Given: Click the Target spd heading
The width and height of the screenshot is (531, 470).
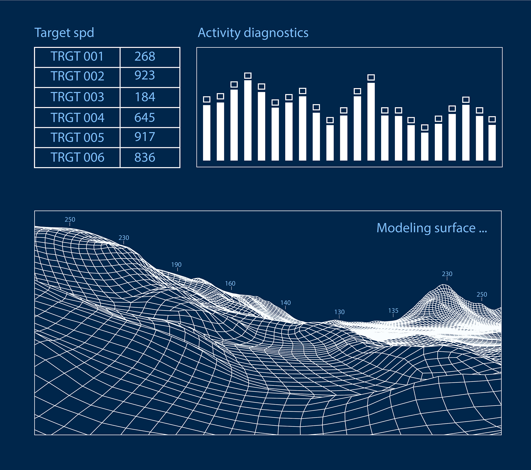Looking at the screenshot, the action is tap(64, 33).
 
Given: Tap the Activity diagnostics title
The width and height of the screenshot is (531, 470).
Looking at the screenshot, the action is tap(253, 33).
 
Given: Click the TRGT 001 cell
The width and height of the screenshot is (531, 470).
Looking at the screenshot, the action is tap(77, 56).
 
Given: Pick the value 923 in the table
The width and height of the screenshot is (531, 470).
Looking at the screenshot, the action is tap(145, 75).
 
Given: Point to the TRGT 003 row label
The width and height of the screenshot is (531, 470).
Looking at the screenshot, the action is tap(77, 97).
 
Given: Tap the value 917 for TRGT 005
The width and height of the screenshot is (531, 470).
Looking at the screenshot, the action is tap(145, 137).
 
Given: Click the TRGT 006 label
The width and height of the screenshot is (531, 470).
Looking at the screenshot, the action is tap(77, 157).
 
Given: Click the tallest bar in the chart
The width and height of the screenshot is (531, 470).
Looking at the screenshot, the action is tap(248, 120).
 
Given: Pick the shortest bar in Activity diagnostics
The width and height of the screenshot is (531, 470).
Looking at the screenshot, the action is tap(425, 146).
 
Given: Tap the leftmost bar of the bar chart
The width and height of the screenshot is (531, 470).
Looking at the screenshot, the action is tap(207, 133).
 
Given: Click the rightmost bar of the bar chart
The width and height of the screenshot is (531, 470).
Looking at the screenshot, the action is tap(492, 143).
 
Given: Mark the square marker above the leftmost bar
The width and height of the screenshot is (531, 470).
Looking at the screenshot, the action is tap(207, 99).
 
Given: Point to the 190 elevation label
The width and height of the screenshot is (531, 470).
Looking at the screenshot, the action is tap(176, 265).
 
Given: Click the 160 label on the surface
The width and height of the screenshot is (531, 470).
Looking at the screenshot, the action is tap(230, 283).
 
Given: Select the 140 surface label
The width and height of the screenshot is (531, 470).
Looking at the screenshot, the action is tap(285, 303).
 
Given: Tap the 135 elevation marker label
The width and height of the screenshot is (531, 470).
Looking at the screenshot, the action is tap(393, 311).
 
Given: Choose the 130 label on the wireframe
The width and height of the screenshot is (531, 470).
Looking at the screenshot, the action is tap(339, 312).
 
